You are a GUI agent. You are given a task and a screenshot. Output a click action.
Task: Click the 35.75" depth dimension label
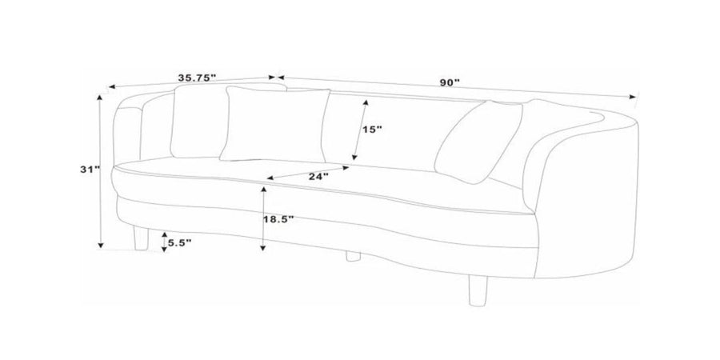point(197,78)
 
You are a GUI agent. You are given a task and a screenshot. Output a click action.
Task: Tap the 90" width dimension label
point(450,82)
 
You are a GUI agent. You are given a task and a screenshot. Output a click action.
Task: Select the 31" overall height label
point(90,169)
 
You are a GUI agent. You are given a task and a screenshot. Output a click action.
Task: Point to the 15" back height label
point(372,130)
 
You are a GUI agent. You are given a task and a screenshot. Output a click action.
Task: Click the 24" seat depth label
point(318,176)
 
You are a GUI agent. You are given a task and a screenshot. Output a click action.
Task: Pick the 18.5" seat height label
point(278,219)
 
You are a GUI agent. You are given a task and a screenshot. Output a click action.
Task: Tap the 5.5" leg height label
point(179,243)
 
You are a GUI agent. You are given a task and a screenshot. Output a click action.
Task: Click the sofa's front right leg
point(478,290)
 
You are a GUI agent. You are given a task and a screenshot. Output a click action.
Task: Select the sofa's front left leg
point(142,238)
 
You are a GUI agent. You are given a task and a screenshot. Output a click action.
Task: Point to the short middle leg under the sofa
point(353,256)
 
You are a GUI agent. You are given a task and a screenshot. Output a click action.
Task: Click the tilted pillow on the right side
point(478,142)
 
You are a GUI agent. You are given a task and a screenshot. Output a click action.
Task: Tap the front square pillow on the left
point(275,125)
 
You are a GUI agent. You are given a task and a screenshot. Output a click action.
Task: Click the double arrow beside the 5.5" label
point(164,242)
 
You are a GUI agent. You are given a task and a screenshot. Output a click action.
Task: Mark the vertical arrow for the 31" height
point(101,171)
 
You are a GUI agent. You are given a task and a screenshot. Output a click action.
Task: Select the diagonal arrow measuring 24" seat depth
point(308,173)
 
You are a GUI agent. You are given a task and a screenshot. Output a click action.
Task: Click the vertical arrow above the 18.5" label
point(263,218)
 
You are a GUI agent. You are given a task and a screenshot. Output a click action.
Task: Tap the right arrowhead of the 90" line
point(633,97)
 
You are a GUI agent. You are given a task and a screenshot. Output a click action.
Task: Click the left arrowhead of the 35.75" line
point(112,86)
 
